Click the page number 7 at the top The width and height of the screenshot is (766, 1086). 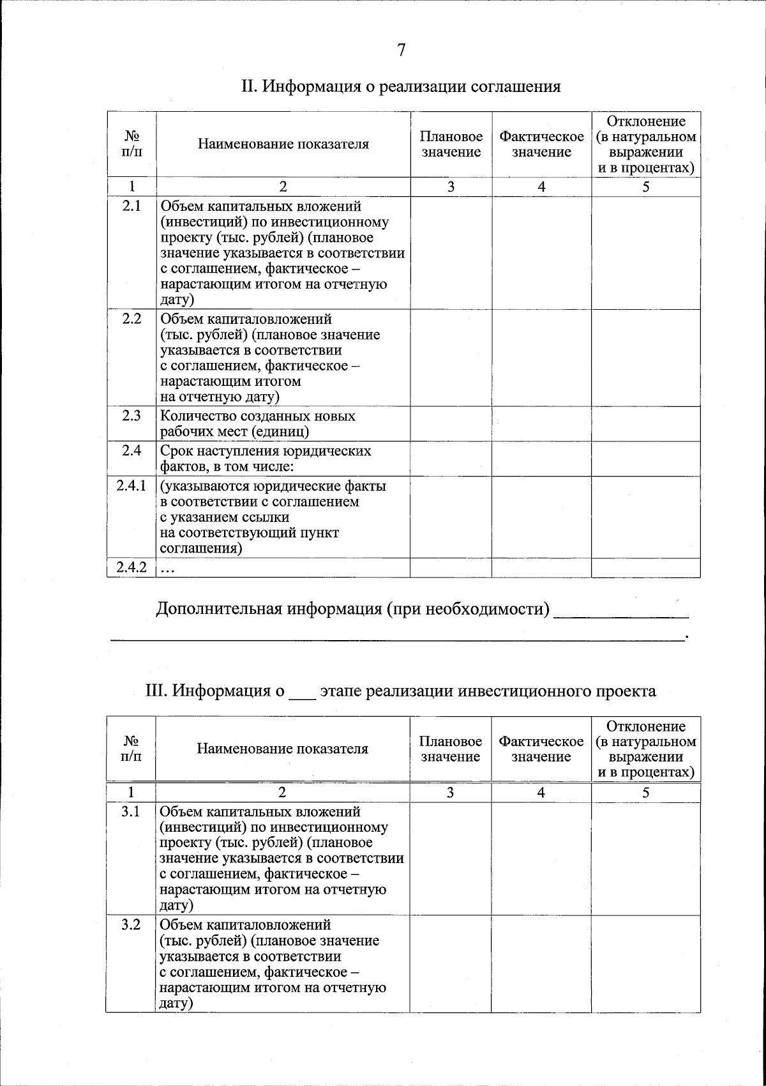[401, 50]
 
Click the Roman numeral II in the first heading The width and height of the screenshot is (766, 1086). [248, 86]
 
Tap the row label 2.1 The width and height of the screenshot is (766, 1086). [131, 206]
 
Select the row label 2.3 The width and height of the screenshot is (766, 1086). [131, 416]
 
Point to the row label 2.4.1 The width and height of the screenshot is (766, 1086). [131, 486]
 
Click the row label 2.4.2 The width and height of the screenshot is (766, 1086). [131, 567]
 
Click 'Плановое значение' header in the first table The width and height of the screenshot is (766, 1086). [451, 144]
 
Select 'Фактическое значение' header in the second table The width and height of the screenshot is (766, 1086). [541, 749]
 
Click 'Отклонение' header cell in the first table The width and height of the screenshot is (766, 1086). [646, 144]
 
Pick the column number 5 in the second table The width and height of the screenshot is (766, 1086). [646, 793]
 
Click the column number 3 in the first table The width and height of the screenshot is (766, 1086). [451, 187]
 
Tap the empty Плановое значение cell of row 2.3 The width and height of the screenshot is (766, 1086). [451, 424]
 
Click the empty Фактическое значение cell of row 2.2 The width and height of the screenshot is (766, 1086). [541, 358]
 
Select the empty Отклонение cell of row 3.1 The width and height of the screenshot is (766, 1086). [646, 858]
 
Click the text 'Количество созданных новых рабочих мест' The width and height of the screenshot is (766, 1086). [258, 424]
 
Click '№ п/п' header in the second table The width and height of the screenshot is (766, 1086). [131, 749]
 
